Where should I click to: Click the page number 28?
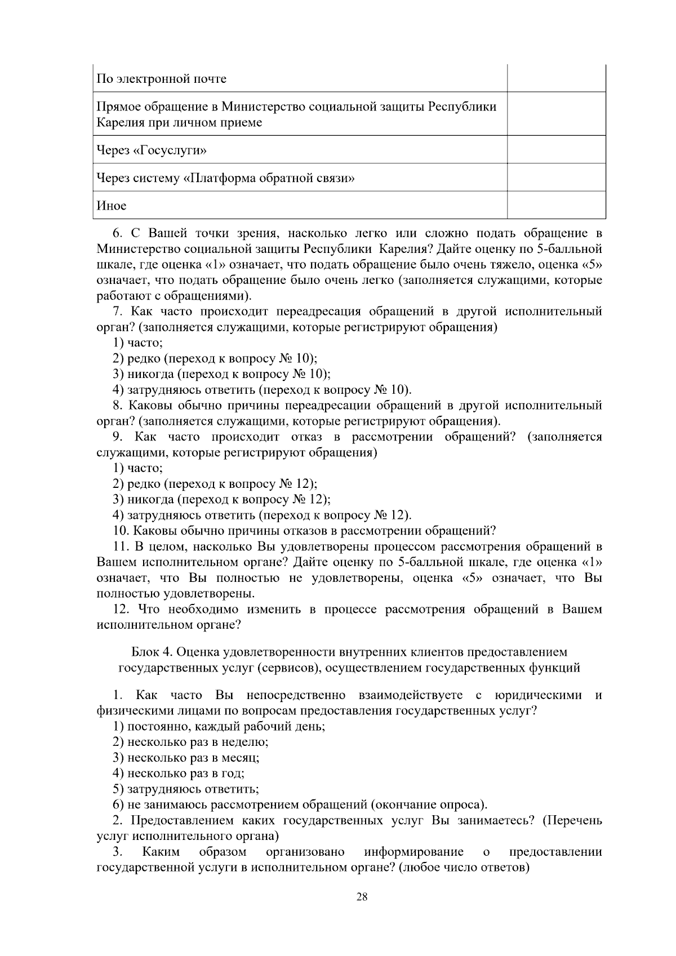362,897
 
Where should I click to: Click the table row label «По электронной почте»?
162,79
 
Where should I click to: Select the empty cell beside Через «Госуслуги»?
556,150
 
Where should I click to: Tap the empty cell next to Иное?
556,206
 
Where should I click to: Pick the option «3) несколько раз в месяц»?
186,758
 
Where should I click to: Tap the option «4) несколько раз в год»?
179,773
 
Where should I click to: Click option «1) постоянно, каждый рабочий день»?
219,726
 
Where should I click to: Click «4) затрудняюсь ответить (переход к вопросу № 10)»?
262,390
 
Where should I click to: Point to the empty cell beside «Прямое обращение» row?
556,114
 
